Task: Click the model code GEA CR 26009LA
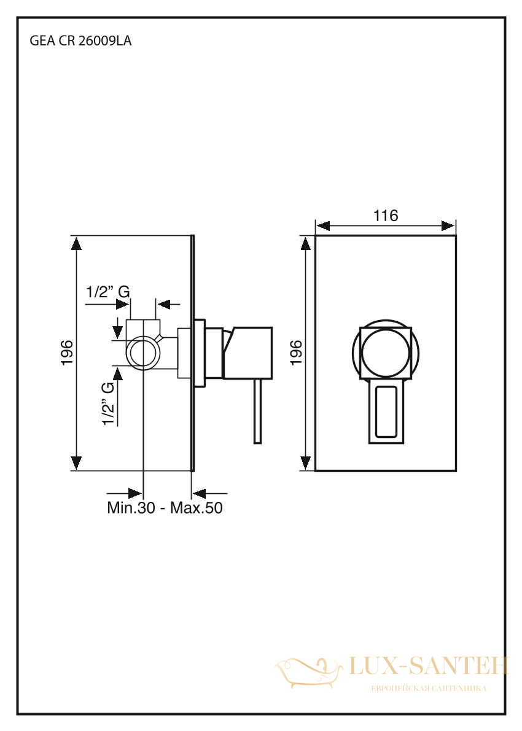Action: tap(80, 41)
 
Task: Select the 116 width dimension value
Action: tap(386, 216)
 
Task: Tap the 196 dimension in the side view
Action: tap(67, 353)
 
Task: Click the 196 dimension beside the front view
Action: tap(296, 353)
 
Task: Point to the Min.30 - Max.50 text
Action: tap(165, 507)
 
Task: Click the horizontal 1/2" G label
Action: tap(107, 292)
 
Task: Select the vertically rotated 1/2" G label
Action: tap(108, 403)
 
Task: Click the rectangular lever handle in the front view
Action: tap(386, 411)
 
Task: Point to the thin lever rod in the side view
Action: tap(258, 411)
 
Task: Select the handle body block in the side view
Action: tap(247, 353)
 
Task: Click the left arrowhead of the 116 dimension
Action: tap(323, 226)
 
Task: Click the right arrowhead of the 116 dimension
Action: tap(448, 226)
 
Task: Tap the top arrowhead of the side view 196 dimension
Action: tap(76, 244)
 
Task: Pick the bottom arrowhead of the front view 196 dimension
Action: tap(306, 463)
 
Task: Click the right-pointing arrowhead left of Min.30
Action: tap(134, 493)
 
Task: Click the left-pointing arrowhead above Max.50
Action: tap(200, 493)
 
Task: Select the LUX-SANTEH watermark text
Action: tap(428, 666)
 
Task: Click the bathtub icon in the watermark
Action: tap(308, 672)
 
